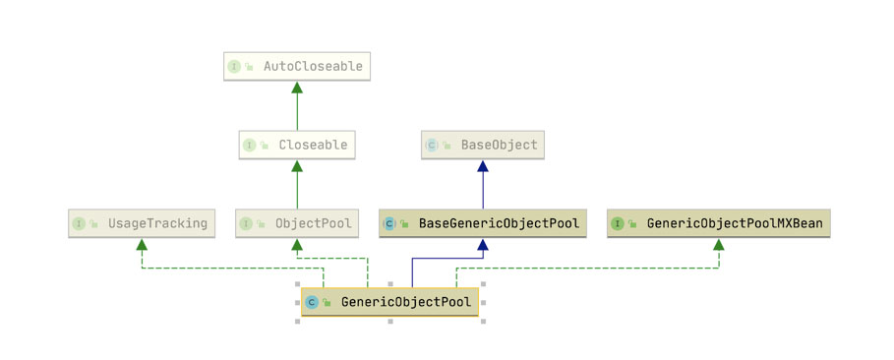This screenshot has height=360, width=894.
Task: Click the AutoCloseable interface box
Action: click(296, 66)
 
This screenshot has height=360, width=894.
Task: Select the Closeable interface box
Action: click(296, 145)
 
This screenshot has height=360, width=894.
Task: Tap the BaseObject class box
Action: click(483, 145)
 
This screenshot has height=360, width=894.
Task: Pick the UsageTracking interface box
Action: click(142, 223)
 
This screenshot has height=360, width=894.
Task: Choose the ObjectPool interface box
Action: click(296, 223)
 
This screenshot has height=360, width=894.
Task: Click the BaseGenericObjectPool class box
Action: click(482, 223)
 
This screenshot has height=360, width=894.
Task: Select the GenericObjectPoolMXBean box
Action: click(718, 223)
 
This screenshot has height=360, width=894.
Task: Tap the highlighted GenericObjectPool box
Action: click(390, 302)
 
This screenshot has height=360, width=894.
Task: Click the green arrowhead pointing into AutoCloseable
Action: click(296, 88)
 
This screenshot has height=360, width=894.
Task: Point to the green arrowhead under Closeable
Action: click(296, 166)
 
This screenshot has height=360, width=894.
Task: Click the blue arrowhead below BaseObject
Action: click(483, 166)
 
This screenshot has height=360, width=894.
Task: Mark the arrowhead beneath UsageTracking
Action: click(142, 244)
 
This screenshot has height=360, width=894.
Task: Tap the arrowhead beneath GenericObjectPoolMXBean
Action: click(718, 244)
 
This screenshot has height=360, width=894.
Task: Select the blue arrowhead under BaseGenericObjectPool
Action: click(483, 244)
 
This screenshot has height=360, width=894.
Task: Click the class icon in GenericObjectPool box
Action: click(312, 302)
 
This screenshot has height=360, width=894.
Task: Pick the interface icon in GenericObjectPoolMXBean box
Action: click(617, 223)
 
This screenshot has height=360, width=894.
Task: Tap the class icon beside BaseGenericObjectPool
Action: click(389, 223)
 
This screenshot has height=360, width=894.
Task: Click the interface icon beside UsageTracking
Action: click(78, 223)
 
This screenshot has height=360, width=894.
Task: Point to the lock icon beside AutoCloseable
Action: click(249, 67)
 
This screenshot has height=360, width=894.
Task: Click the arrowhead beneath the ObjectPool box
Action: click(296, 244)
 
